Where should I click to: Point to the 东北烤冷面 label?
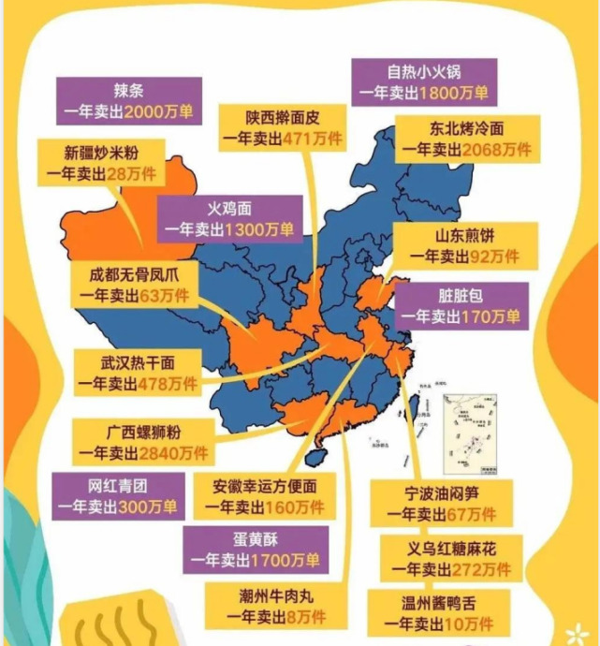(467, 139)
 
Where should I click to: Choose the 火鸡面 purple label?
(230, 219)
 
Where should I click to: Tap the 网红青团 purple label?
(116, 497)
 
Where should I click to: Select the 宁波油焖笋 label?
(442, 504)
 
